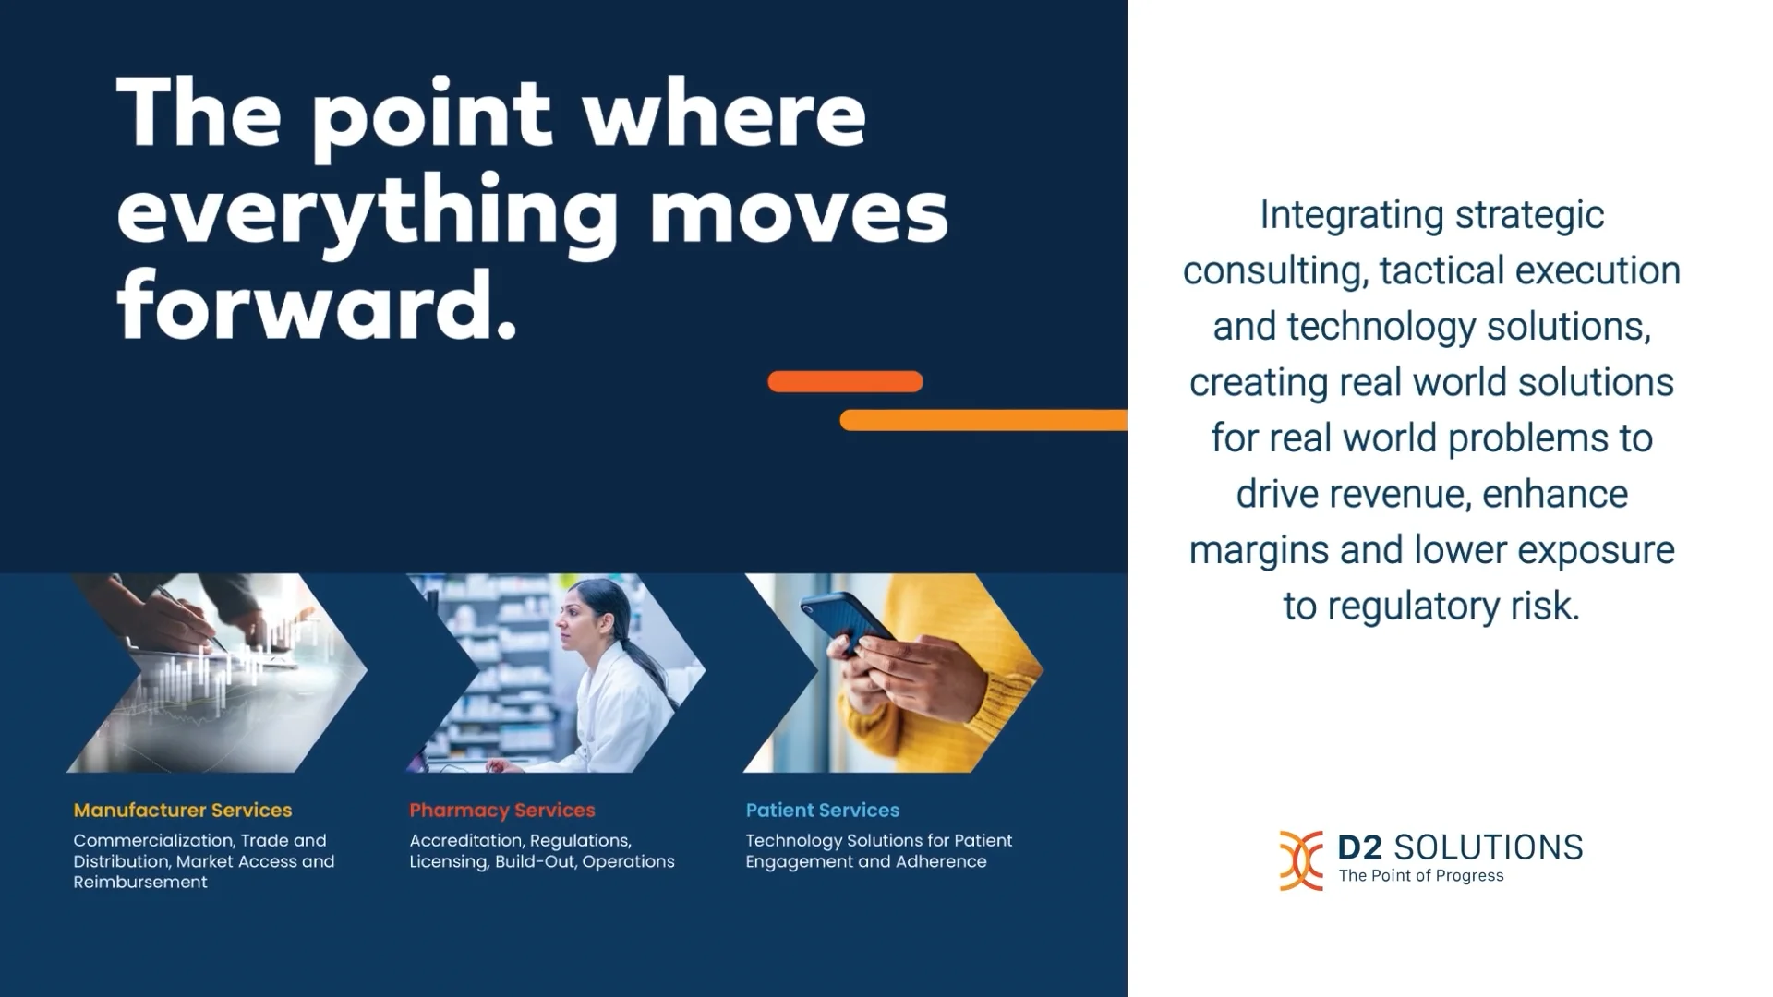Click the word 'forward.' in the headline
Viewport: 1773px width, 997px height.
pyautogui.click(x=316, y=306)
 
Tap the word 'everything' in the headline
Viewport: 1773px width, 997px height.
pyautogui.click(x=368, y=212)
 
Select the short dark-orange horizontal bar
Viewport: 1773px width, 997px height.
pyautogui.click(x=845, y=381)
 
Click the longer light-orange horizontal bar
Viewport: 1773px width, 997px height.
pyautogui.click(x=983, y=420)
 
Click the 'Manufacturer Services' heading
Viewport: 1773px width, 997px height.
pyautogui.click(x=183, y=811)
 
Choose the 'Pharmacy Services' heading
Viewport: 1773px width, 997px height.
pyautogui.click(x=502, y=811)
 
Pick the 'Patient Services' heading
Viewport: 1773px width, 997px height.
pyautogui.click(x=822, y=811)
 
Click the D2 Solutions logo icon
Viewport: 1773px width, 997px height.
pyautogui.click(x=1300, y=860)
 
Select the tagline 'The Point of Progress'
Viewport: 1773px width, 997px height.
pyautogui.click(x=1421, y=876)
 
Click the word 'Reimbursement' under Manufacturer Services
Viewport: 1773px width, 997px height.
pyautogui.click(x=140, y=883)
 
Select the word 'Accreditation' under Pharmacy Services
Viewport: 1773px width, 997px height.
pyautogui.click(x=467, y=841)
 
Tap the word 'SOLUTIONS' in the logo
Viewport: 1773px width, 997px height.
pyautogui.click(x=1488, y=847)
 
